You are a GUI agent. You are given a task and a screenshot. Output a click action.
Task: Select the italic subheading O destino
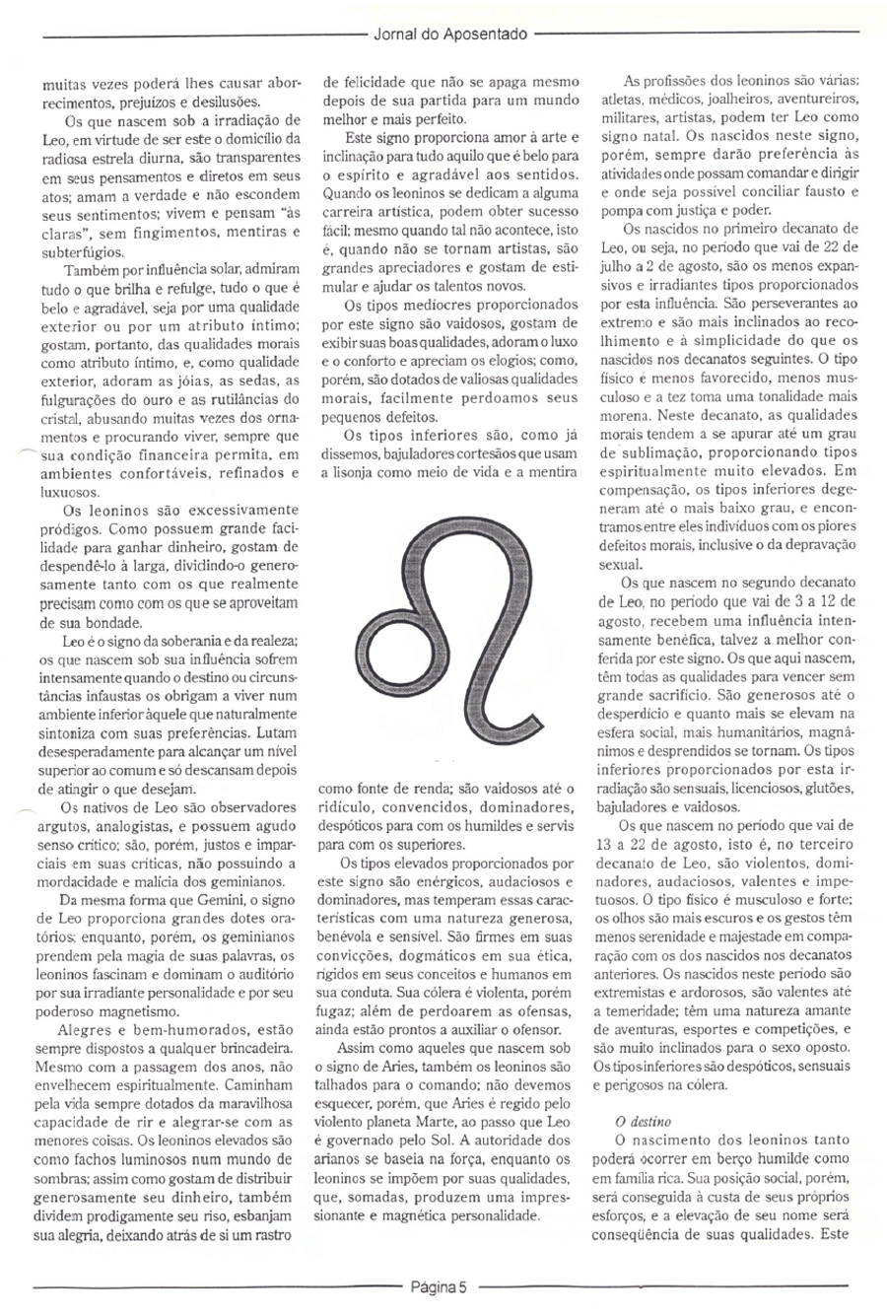click(x=629, y=1121)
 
